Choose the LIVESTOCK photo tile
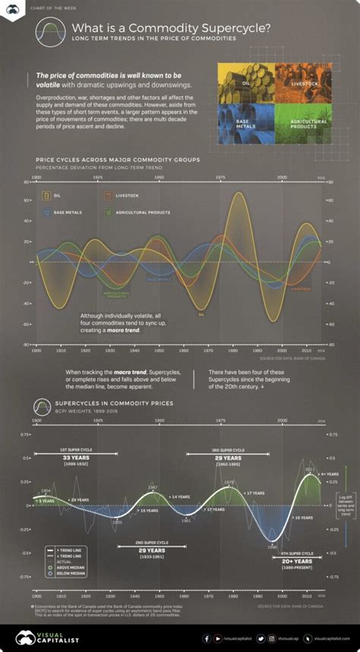pyautogui.click(x=302, y=82)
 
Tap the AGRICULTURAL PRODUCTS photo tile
pyautogui.click(x=302, y=124)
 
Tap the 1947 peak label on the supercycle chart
pyautogui.click(x=152, y=487)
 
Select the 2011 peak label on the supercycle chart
pyautogui.click(x=309, y=469)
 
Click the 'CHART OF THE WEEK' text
pyautogui.click(x=51, y=10)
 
